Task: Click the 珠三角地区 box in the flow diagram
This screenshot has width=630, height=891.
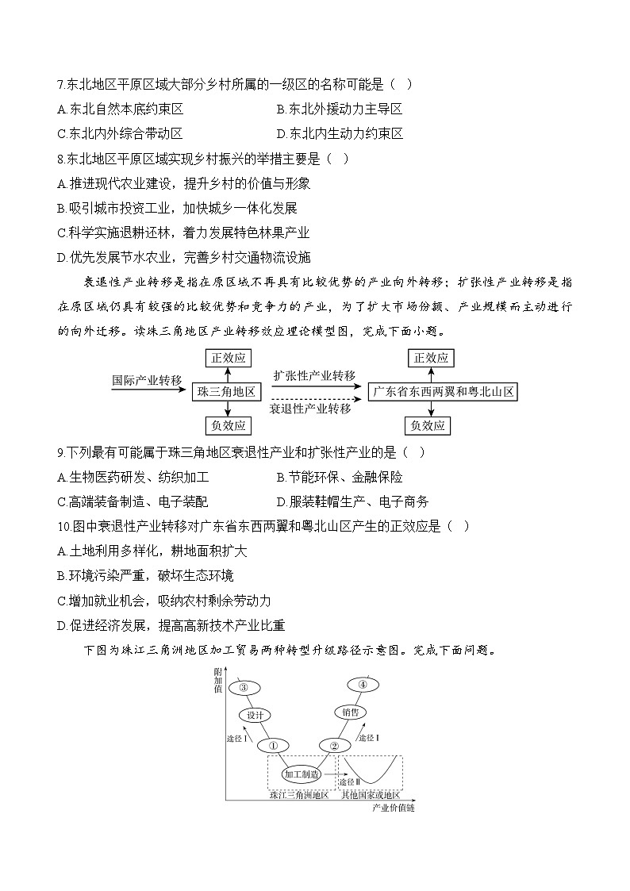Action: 229,392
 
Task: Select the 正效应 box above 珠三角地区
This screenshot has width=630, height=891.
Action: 229,358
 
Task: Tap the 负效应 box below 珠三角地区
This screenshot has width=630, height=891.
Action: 229,426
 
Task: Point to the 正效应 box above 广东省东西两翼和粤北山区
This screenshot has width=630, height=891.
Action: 432,358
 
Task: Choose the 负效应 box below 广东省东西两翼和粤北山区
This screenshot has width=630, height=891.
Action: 432,426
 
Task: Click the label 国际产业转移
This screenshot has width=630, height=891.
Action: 147,380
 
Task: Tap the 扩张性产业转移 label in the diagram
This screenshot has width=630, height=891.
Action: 314,375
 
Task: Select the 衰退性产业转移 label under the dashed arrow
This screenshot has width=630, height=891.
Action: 309,409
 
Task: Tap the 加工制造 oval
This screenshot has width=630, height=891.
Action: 302,774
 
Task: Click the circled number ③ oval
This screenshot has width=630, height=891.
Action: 244,687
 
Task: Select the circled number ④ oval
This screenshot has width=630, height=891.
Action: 362,685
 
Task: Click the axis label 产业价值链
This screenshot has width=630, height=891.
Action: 394,808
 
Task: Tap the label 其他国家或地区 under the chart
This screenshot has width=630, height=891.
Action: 370,795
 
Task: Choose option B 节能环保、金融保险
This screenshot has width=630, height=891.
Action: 339,478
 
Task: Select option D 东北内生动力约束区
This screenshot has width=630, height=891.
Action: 339,133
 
